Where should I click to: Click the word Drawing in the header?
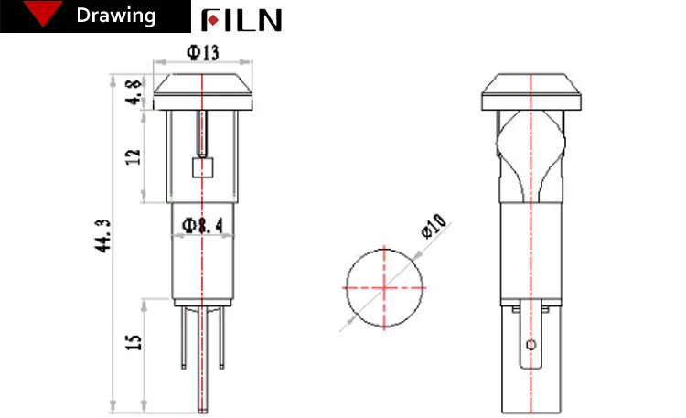click(116, 16)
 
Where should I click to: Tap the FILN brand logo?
click(241, 19)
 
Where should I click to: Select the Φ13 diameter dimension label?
click(202, 53)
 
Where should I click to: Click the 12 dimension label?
click(134, 156)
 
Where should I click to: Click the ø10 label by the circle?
click(434, 225)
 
